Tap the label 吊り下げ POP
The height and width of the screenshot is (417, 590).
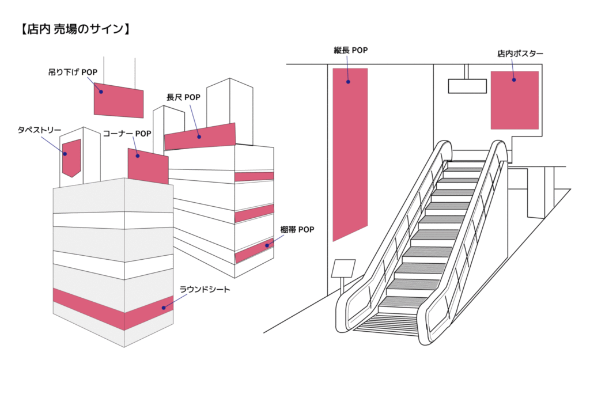point(73,73)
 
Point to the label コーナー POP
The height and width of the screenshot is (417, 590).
point(127,134)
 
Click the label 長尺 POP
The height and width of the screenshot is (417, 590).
point(183,97)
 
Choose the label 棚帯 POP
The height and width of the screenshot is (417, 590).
point(297,230)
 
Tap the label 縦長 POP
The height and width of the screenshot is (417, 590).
point(350,50)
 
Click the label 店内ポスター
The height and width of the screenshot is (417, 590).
point(520,54)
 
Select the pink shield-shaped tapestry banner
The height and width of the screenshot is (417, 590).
point(71,157)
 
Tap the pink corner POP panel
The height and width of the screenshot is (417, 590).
point(148,167)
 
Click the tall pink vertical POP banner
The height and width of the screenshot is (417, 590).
point(350,150)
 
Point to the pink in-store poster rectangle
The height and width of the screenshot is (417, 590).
point(515,100)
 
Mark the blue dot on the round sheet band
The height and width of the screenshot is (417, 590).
point(164,308)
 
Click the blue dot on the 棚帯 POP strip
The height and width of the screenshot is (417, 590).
point(267,246)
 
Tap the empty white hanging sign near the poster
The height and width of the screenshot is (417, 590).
point(467,86)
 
